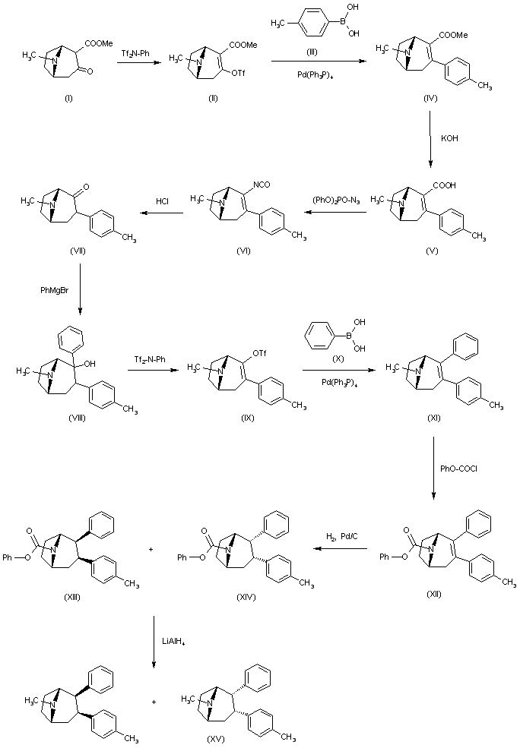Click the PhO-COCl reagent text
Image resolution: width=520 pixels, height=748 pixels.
[x=458, y=468]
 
